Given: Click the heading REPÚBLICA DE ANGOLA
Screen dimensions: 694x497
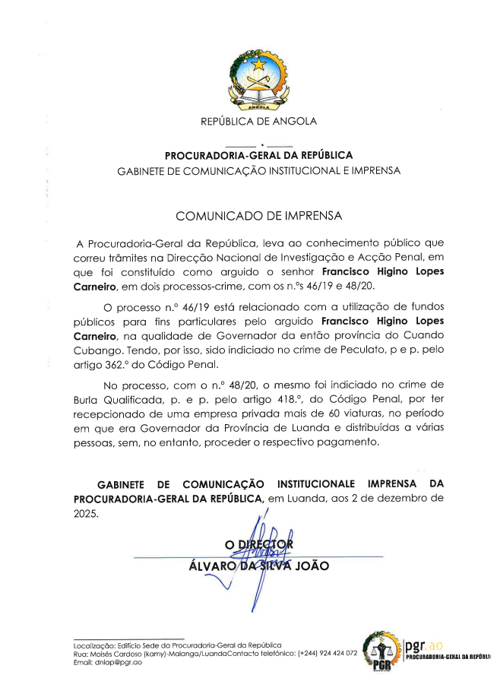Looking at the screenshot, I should (x=258, y=121).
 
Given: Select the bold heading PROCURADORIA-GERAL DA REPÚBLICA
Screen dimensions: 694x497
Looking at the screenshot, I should (x=258, y=155).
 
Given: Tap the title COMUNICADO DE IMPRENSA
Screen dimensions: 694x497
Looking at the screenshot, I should (x=258, y=216).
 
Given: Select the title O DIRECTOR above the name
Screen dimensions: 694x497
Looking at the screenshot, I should (x=258, y=543).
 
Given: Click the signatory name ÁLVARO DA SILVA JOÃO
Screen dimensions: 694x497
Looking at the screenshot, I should (x=258, y=565).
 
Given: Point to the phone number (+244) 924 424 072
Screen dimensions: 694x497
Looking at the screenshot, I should (x=328, y=654).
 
